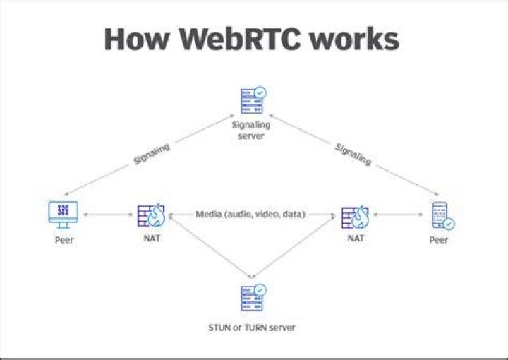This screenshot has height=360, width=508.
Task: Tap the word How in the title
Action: [x=137, y=39]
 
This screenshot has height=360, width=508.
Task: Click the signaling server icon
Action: [x=253, y=100]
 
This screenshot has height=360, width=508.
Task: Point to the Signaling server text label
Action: [x=251, y=131]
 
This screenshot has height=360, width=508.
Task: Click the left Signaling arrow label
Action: [x=152, y=154]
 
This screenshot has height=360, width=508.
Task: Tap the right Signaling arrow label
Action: [x=353, y=154]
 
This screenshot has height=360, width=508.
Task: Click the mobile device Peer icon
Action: [x=443, y=216]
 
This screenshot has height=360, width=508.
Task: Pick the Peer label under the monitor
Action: [x=64, y=240]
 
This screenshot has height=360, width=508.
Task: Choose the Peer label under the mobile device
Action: [x=438, y=240]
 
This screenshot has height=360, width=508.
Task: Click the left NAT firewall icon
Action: [x=151, y=215]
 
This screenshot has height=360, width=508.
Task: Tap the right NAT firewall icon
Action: [x=355, y=217]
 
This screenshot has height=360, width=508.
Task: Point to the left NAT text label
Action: [x=152, y=238]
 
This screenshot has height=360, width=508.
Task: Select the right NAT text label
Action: [x=356, y=239]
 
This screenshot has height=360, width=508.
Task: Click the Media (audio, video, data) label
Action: [x=250, y=214]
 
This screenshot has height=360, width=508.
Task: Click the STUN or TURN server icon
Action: [x=253, y=297]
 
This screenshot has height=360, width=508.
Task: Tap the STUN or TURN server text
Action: [x=252, y=328]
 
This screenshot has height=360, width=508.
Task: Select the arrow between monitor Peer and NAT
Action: [x=108, y=215]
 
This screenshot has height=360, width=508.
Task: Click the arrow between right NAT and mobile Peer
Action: [x=398, y=215]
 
